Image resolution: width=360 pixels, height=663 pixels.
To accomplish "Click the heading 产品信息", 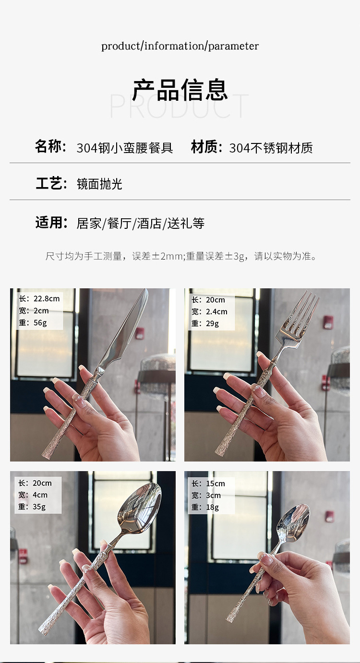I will pyautogui.click(x=180, y=90).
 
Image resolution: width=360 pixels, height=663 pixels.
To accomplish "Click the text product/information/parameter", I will pyautogui.click(x=180, y=46).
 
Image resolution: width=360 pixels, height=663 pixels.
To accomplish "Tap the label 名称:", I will pyautogui.click(x=50, y=146).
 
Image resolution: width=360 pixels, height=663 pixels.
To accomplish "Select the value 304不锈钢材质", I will pyautogui.click(x=271, y=148).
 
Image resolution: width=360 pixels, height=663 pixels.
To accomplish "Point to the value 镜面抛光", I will pyautogui.click(x=99, y=184).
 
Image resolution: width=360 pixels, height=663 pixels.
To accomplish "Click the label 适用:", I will pyautogui.click(x=51, y=223).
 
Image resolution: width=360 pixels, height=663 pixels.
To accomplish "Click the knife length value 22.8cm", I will pyautogui.click(x=46, y=299).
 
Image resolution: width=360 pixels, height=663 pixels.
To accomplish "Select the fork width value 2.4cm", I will pyautogui.click(x=216, y=312).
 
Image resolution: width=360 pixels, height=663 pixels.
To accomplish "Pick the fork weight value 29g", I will pyautogui.click(x=212, y=324).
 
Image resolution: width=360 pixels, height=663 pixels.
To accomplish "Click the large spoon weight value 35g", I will pyautogui.click(x=39, y=507).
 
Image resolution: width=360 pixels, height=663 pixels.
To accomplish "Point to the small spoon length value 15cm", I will pyautogui.click(x=215, y=484).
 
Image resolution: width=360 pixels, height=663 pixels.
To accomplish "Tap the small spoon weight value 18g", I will pyautogui.click(x=212, y=507).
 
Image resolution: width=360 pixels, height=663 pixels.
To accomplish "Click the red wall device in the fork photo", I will pyautogui.click(x=328, y=322).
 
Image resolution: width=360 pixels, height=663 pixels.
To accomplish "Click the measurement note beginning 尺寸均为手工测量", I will pyautogui.click(x=181, y=256).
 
